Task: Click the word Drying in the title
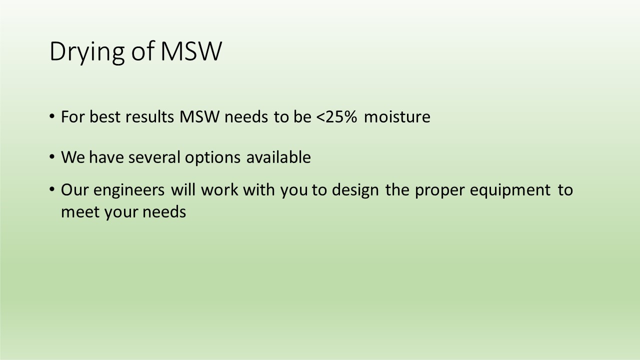point(87,52)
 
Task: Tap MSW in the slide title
point(191,51)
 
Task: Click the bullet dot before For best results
point(51,116)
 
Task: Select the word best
point(105,116)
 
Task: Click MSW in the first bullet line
point(199,116)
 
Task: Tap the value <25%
point(337,116)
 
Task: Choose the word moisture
point(397,117)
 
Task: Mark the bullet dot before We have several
point(51,157)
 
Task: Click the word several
point(154,157)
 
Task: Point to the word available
point(278,157)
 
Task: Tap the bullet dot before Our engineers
point(51,189)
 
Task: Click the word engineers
point(129,191)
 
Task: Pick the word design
point(355,191)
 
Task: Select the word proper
point(439,191)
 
